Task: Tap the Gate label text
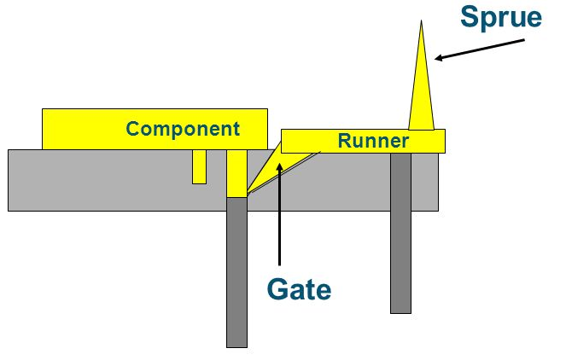[x=298, y=289]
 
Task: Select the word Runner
[x=373, y=141]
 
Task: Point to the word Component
[x=183, y=129]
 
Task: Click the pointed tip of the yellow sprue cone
[x=421, y=21]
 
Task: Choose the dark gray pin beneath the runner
[x=401, y=230]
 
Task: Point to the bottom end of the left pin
[x=236, y=345]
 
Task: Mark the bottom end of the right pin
[x=401, y=311]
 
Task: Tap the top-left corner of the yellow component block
[x=42, y=109]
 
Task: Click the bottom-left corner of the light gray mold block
[x=9, y=210]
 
